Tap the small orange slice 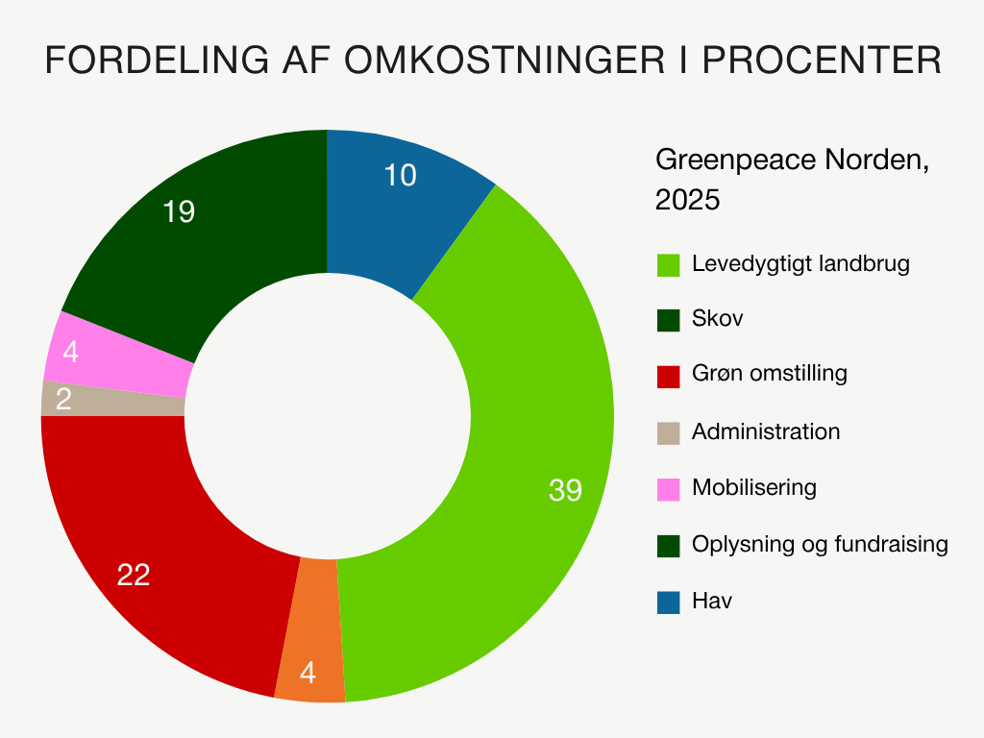309,634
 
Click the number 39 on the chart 565,490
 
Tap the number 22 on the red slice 134,575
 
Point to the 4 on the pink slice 70,353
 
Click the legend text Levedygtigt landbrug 800,264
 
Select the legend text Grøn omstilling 770,373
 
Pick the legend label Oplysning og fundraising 820,545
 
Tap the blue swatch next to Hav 669,603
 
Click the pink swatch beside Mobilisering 669,488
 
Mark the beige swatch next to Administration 669,432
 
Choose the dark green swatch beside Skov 669,319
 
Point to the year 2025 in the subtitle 687,200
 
